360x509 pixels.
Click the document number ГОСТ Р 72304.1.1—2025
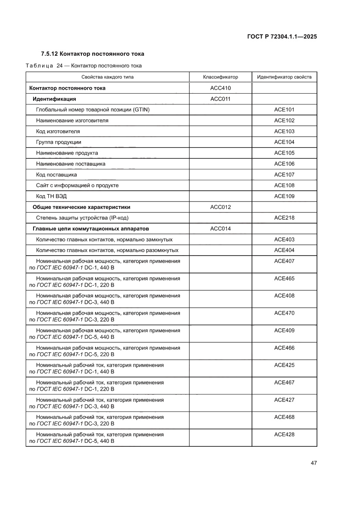[x=282, y=37]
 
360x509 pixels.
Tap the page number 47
[x=313, y=463]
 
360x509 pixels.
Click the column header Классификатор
[x=220, y=77]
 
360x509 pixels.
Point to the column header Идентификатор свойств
[x=284, y=77]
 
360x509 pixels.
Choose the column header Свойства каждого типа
[x=107, y=77]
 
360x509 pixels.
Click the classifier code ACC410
[x=220, y=88]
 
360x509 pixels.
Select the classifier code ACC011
[x=220, y=99]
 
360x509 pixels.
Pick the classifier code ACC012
[x=220, y=207]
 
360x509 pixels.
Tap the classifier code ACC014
[x=220, y=229]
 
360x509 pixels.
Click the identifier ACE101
[x=284, y=110]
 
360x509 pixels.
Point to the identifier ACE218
[x=284, y=218]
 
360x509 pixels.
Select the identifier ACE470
[x=284, y=313]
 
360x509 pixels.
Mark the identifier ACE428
[x=284, y=435]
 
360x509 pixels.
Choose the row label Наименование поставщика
[x=71, y=164]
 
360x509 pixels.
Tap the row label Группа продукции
[x=58, y=142]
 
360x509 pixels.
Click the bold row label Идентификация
[x=54, y=99]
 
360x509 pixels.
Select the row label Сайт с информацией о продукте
[x=77, y=185]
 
